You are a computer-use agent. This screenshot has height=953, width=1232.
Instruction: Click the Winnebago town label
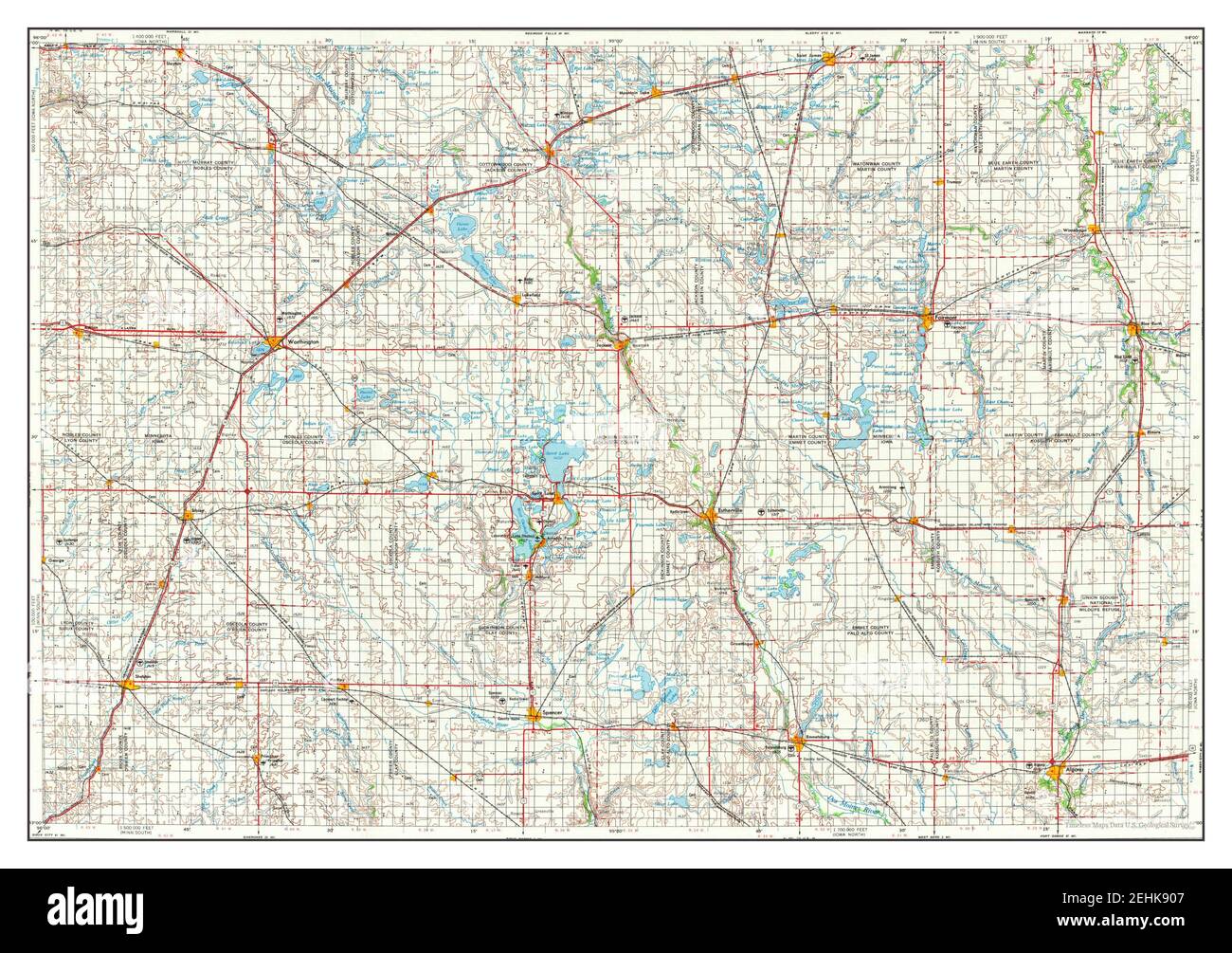coord(1074,230)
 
